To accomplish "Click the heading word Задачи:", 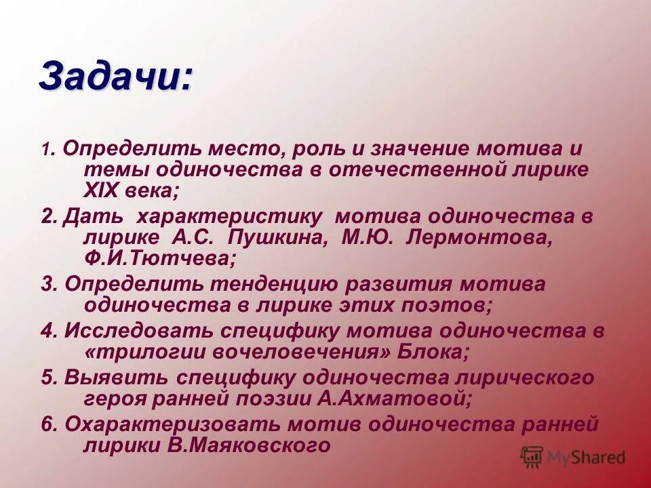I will [115, 77].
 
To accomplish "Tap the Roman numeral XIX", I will [102, 190].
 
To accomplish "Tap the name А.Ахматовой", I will [394, 399].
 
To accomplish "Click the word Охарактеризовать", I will [171, 425].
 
